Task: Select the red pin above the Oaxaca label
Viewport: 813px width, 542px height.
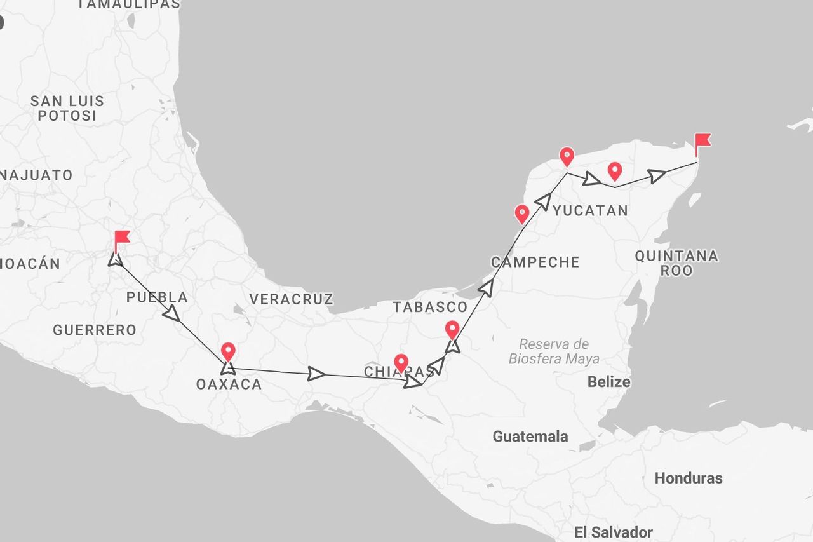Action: point(227,351)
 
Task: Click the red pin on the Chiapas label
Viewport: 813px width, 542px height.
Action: point(401,363)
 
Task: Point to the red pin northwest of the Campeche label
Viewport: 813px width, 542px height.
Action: point(521,213)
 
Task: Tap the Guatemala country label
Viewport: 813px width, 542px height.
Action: point(530,437)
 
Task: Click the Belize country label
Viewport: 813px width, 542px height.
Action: point(608,382)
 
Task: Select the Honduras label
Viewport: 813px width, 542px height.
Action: point(689,478)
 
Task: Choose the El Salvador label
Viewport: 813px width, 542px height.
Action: point(613,532)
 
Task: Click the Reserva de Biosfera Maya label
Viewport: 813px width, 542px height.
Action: point(554,351)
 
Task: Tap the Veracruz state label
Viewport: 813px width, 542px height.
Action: point(291,299)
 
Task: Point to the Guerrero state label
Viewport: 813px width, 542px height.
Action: point(94,330)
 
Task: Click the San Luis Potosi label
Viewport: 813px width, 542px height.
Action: point(67,108)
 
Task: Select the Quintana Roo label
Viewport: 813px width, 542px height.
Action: point(676,263)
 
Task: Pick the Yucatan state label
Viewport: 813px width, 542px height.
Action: point(590,211)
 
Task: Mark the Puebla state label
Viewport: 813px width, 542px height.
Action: point(157,297)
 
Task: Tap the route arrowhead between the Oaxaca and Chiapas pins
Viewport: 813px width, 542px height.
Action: point(316,374)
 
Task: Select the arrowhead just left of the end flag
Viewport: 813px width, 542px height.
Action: point(657,176)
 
